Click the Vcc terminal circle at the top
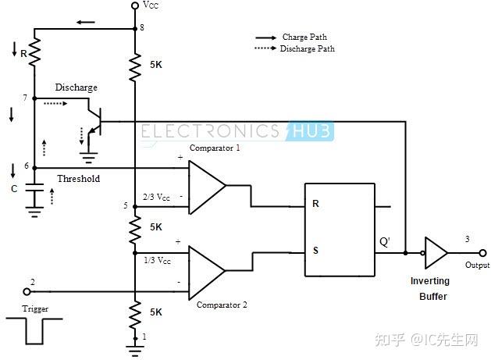(x=135, y=5)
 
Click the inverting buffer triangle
(x=436, y=253)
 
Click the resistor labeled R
(x=34, y=52)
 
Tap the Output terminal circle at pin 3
(x=482, y=253)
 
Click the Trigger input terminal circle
(x=27, y=292)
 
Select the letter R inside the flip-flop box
(x=315, y=204)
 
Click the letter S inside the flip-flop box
(x=315, y=251)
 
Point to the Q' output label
(x=385, y=242)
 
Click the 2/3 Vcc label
(x=156, y=197)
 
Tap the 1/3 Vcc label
(x=157, y=260)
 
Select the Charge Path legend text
(x=304, y=37)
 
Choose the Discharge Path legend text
(x=308, y=48)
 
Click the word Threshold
(x=79, y=179)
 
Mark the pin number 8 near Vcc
(x=142, y=27)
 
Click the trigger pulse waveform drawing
(x=34, y=331)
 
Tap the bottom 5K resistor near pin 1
(x=135, y=315)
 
